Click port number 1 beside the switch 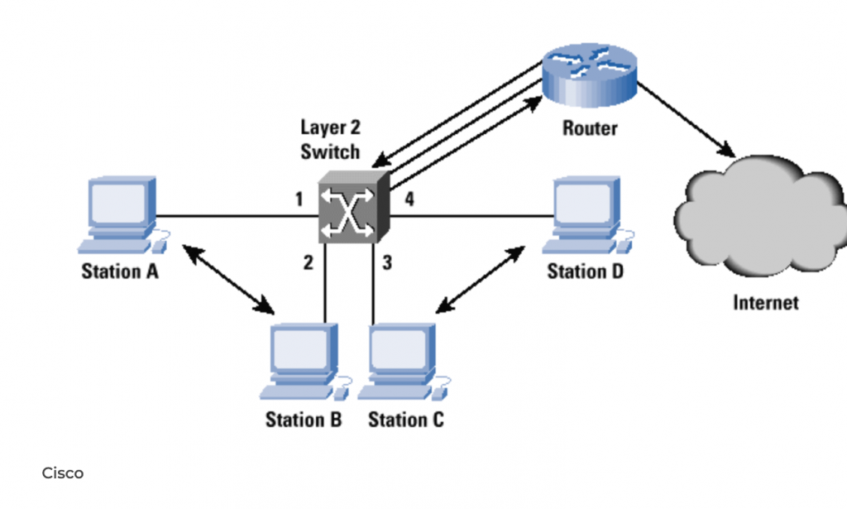299,199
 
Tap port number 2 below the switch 308,264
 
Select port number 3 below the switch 386,264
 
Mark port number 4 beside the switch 409,199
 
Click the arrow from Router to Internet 687,120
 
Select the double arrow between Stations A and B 229,279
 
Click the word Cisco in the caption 63,473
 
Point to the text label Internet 766,302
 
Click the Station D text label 585,271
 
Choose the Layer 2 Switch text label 330,139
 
